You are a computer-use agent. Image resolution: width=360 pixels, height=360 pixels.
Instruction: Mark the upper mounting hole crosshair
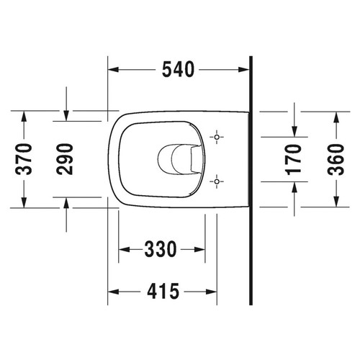click(217, 136)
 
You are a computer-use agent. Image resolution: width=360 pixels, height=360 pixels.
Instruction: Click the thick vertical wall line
click(249, 180)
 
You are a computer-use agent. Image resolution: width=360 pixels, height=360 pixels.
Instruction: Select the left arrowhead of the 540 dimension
click(113, 70)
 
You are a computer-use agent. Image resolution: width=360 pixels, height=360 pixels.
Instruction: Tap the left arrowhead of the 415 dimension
click(113, 292)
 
